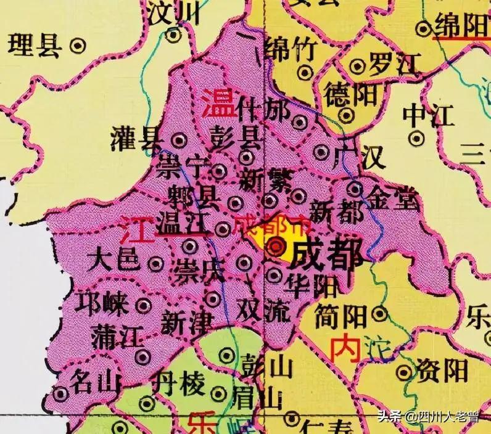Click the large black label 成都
[x=326, y=253]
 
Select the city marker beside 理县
[x=77, y=45]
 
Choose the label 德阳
[x=342, y=94]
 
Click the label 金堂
[x=392, y=199]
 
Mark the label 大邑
[x=113, y=260]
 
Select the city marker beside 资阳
[x=404, y=372]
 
